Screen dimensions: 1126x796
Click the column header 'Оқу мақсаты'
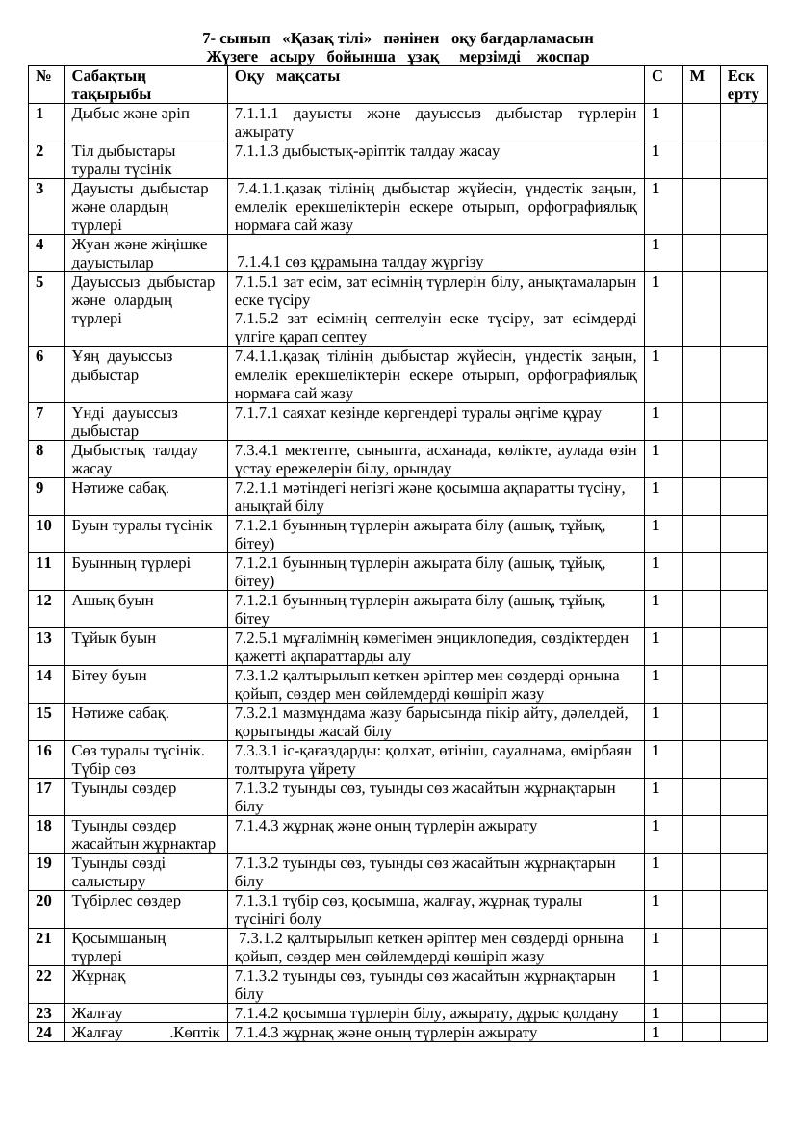coord(286,76)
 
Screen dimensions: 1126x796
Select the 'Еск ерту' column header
coord(743,85)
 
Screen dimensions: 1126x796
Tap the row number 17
coord(43,788)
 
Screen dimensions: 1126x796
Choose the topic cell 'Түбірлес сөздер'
coord(126,901)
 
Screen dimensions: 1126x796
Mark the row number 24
coord(43,1033)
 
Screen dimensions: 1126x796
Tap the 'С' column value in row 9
coord(655,488)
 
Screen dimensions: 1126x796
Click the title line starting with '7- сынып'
coord(398,38)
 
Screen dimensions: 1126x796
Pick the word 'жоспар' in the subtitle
coord(563,57)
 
